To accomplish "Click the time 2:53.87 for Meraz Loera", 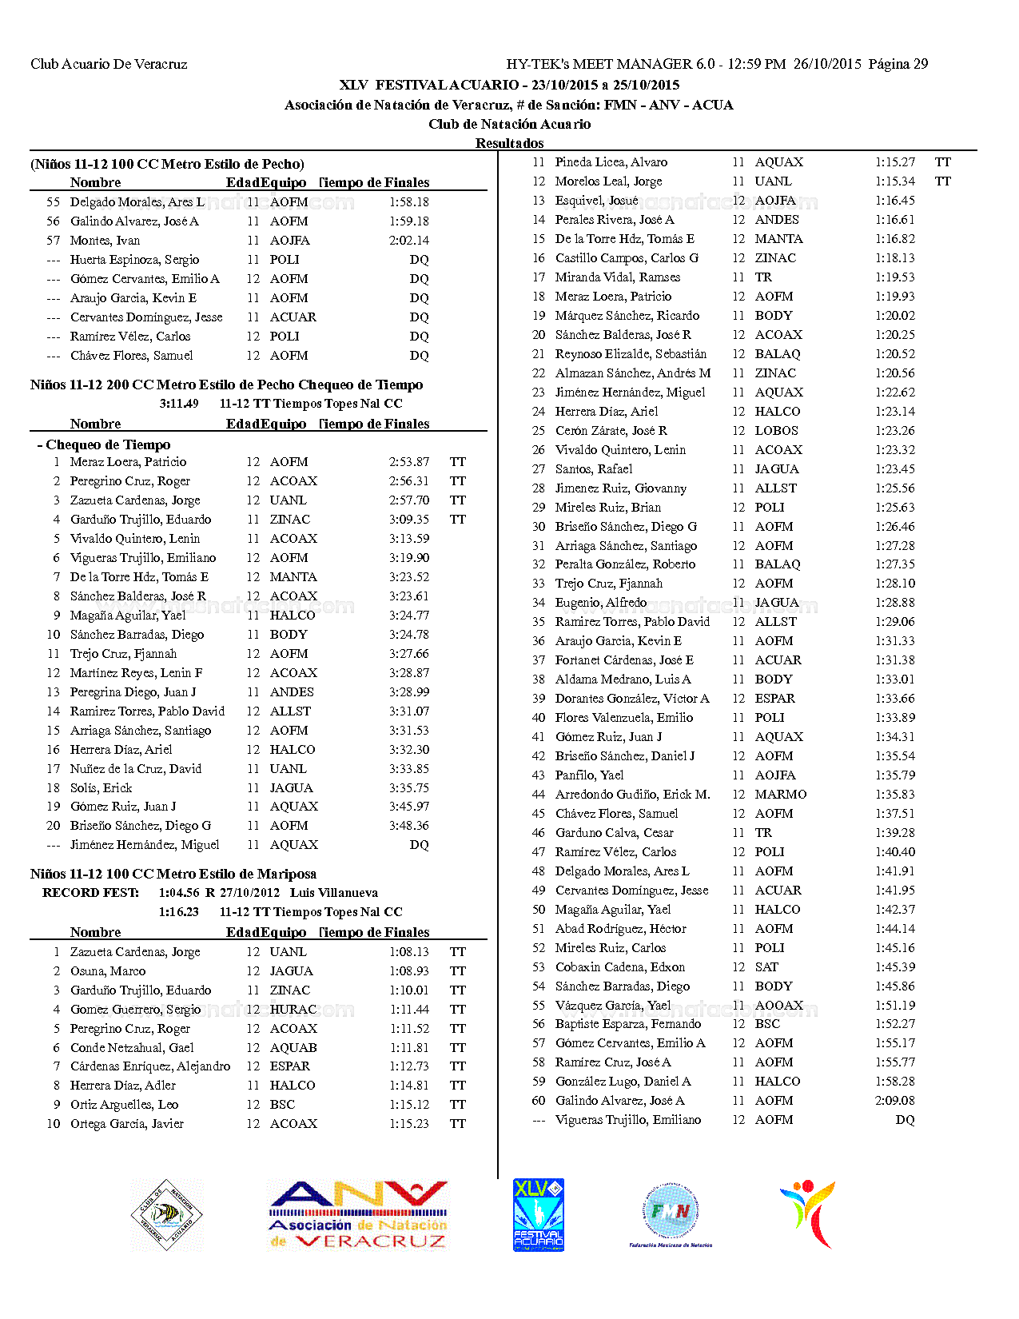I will (x=409, y=462).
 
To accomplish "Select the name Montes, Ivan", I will (x=105, y=241).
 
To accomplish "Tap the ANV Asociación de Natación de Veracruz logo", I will (x=358, y=1215).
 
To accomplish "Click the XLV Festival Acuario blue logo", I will (x=539, y=1214).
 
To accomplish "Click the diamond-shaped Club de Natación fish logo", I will (x=166, y=1215).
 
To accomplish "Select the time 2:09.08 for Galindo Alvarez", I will (x=894, y=1101).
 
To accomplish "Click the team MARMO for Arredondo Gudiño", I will (x=781, y=795).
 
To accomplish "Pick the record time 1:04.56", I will (x=179, y=893).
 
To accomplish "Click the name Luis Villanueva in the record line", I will (x=334, y=893).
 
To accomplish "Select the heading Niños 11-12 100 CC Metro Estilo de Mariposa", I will (x=173, y=874).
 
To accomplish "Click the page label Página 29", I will (x=898, y=64).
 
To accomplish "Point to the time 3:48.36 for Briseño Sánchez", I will (x=409, y=826).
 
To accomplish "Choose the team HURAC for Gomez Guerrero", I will (x=293, y=1010).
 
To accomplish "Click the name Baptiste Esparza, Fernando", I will (x=628, y=1024).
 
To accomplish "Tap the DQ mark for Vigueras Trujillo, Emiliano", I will (x=905, y=1120).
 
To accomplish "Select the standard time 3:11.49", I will (x=179, y=404).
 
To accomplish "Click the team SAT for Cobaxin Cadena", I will (x=766, y=967).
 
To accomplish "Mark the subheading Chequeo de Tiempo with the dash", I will (x=104, y=444).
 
